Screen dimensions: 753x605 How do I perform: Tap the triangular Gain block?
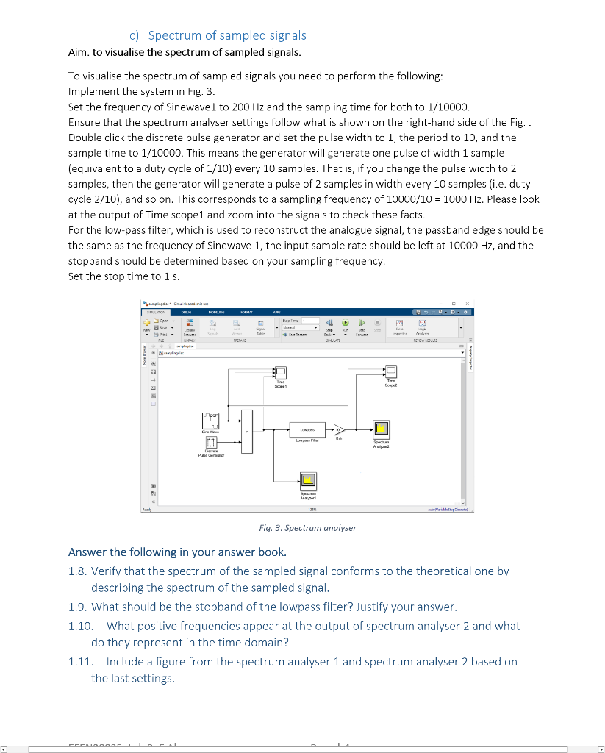click(339, 429)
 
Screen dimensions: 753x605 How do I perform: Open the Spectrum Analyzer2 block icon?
click(381, 429)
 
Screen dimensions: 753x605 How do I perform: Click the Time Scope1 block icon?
click(280, 372)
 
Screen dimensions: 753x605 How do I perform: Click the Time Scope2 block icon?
click(390, 371)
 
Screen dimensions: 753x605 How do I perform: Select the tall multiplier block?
click(246, 430)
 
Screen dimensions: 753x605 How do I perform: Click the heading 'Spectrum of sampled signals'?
click(227, 35)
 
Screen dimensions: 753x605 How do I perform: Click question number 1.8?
click(79, 571)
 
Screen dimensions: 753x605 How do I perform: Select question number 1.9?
click(79, 607)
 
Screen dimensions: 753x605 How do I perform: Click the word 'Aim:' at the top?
click(79, 52)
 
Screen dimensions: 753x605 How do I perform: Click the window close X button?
click(469, 303)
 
